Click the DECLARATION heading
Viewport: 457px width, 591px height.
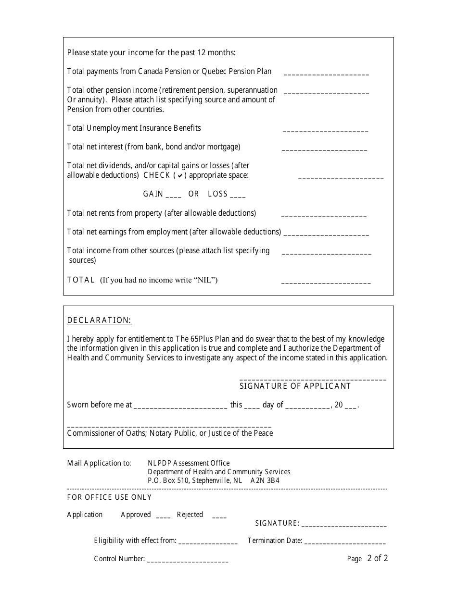pyautogui.click(x=99, y=320)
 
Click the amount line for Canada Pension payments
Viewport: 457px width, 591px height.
pyautogui.click(x=326, y=74)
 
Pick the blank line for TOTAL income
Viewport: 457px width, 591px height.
pyautogui.click(x=326, y=282)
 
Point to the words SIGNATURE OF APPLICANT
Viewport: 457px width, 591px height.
pyautogui.click(x=295, y=386)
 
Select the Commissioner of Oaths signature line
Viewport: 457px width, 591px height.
pyautogui.click(x=169, y=426)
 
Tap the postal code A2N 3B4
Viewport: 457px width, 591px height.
pyautogui.click(x=265, y=480)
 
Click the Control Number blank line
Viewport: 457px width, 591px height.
pyautogui.click(x=188, y=560)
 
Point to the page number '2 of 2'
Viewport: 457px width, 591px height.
pyautogui.click(x=377, y=558)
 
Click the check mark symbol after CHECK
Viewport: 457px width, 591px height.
pyautogui.click(x=180, y=176)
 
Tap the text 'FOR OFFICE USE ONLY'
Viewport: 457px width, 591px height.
pyautogui.click(x=109, y=497)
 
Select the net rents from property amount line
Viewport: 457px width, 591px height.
pyautogui.click(x=323, y=215)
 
